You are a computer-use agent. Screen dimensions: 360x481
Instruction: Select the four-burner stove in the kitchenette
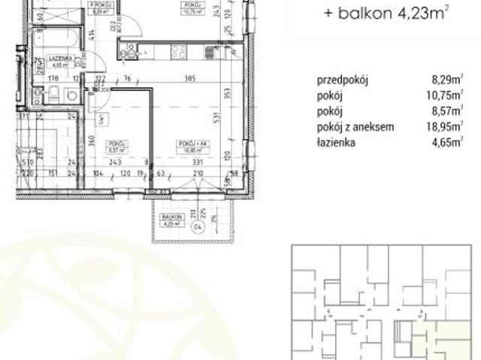click(179, 52)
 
